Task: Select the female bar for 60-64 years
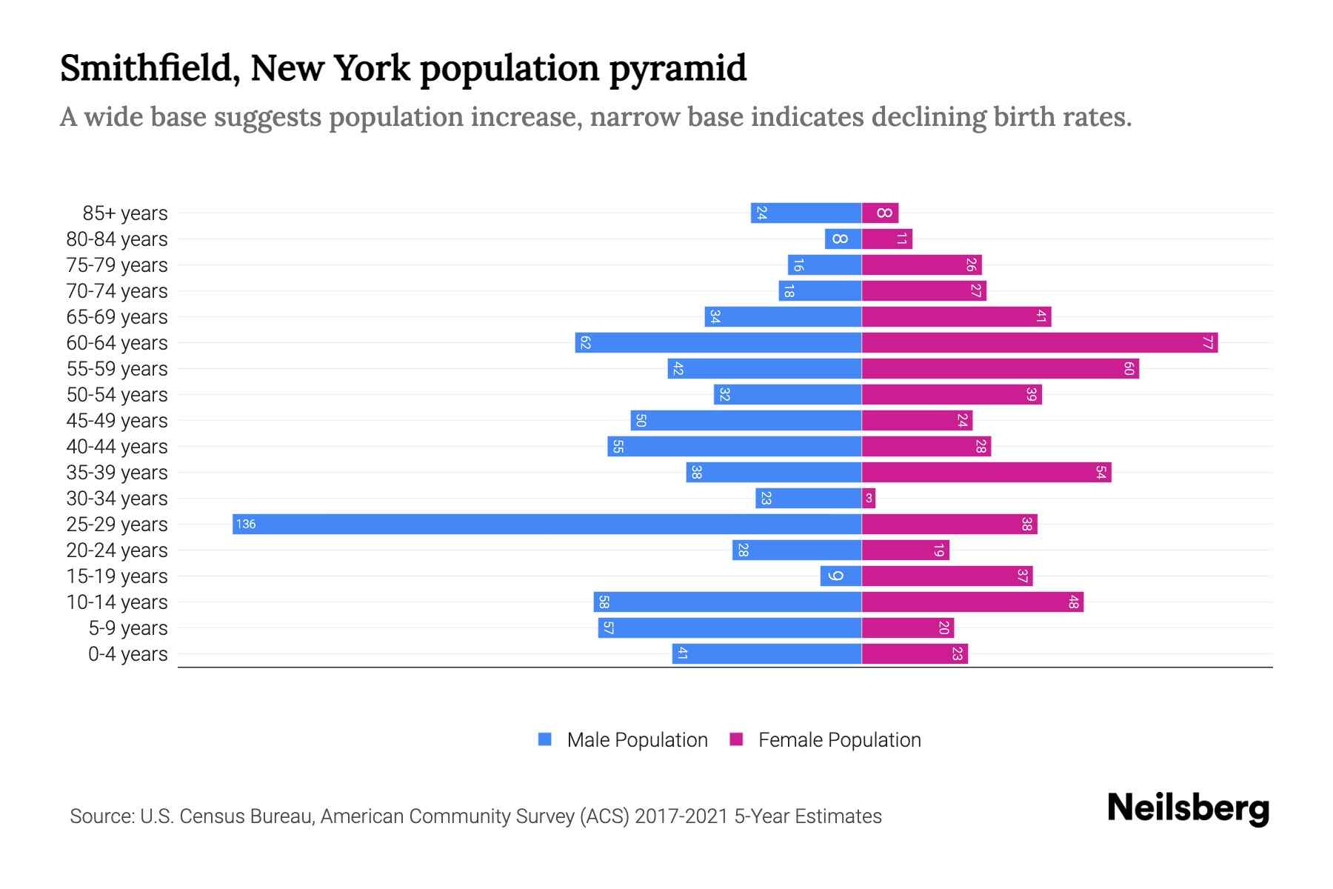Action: point(1039,342)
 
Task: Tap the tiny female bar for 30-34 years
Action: point(869,498)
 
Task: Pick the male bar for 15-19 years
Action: point(841,576)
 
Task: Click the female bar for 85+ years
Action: point(880,213)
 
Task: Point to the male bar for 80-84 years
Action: point(843,239)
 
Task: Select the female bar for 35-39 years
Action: point(986,472)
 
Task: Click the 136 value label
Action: point(245,524)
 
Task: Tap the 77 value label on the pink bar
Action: point(1208,342)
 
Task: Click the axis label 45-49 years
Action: point(117,421)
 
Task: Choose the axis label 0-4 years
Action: point(127,654)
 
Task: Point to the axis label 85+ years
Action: point(124,213)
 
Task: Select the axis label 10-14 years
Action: point(117,602)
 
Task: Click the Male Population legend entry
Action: point(637,739)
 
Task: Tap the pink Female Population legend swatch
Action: point(736,739)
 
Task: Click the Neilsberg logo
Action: point(1188,808)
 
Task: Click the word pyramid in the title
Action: point(678,69)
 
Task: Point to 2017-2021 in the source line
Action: point(681,816)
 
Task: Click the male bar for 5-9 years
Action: point(729,627)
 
